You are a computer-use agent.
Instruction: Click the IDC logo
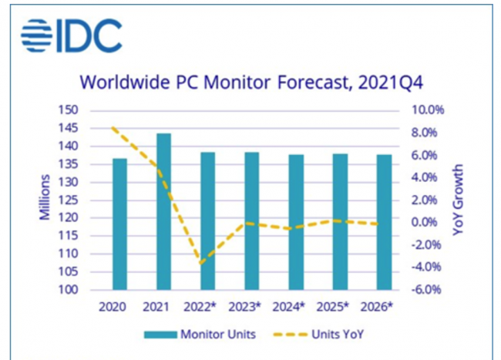(x=71, y=35)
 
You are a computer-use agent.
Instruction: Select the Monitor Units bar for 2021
(x=163, y=211)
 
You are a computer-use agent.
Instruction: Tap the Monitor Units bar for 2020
(x=119, y=224)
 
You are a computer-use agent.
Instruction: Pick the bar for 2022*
(x=207, y=221)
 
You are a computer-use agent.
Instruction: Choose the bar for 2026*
(x=384, y=222)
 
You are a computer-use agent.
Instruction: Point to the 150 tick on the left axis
(x=68, y=110)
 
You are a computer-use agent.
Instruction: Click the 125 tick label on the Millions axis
(x=68, y=200)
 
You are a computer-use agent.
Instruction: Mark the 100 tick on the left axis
(x=68, y=290)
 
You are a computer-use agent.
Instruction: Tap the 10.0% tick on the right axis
(x=428, y=110)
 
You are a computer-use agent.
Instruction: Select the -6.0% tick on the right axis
(x=426, y=290)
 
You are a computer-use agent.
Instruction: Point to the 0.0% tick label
(x=424, y=222)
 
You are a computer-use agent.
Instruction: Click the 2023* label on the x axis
(x=245, y=307)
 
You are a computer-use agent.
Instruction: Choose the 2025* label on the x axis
(x=333, y=307)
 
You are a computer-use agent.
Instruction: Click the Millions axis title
(x=45, y=197)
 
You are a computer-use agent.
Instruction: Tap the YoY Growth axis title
(x=458, y=200)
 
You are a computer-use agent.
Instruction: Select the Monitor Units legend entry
(x=200, y=335)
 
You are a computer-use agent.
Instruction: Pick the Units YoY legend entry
(x=318, y=335)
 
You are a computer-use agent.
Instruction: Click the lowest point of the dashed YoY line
(x=200, y=264)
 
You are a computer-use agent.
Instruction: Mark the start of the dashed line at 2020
(x=113, y=127)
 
